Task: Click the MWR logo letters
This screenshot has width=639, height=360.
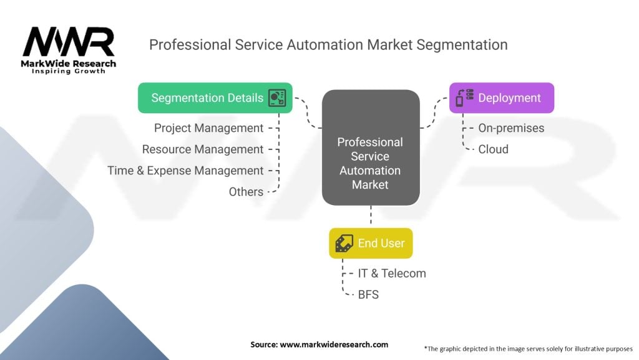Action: (x=68, y=42)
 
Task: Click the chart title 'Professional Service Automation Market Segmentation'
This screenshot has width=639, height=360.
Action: (x=328, y=45)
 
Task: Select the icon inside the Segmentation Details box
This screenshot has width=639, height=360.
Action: (x=276, y=98)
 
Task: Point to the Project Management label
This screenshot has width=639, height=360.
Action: (x=208, y=128)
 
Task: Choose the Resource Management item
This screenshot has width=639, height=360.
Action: (x=203, y=149)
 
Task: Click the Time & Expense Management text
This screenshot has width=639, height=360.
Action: (x=185, y=171)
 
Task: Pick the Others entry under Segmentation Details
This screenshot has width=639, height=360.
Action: (x=246, y=192)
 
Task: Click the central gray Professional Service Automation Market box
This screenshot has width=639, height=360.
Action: (x=370, y=148)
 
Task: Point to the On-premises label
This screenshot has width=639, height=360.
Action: (x=511, y=128)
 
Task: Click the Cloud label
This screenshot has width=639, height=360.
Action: (x=493, y=149)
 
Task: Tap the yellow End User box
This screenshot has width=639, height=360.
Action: (x=371, y=243)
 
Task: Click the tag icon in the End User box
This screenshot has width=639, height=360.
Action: (x=344, y=243)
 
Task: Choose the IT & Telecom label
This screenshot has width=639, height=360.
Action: (x=392, y=273)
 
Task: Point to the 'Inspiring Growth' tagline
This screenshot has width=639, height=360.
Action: (x=69, y=71)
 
